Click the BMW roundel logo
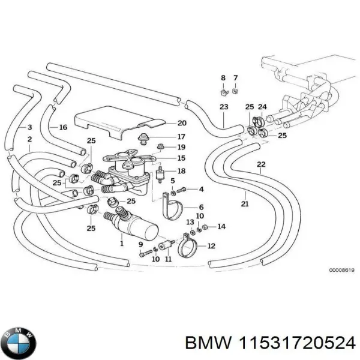[x=19, y=343]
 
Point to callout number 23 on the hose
[x=224, y=107]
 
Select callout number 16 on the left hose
[x=62, y=127]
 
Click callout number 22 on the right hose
[x=260, y=164]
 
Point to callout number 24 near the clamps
[x=262, y=107]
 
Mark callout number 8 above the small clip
[x=223, y=78]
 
